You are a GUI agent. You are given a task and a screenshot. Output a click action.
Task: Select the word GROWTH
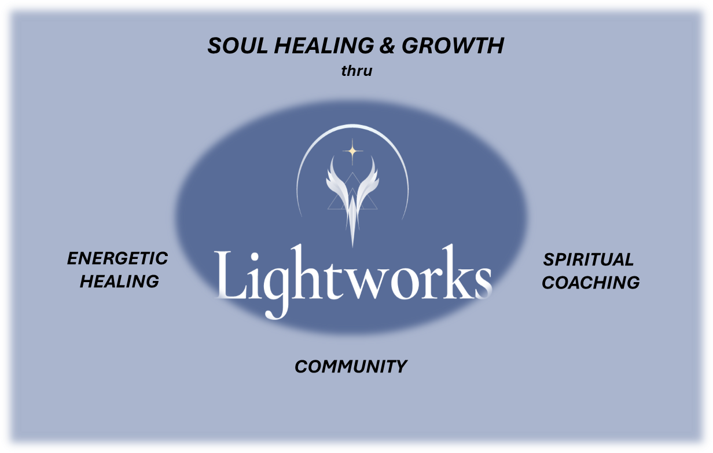point(453,46)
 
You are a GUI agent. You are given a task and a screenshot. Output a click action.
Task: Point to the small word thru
point(356,72)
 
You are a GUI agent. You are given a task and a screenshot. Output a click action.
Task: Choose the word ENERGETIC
point(117,258)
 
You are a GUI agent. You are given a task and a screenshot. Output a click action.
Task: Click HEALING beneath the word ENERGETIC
point(119,282)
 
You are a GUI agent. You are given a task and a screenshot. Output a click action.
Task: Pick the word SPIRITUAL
point(589,260)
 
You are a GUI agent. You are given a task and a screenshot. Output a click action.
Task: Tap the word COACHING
point(591,283)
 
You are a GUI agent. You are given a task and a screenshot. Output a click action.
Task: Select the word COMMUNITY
point(351,367)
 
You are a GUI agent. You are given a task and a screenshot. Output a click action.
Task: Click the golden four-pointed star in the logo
point(352,152)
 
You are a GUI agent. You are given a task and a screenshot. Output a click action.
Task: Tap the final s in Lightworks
point(482,282)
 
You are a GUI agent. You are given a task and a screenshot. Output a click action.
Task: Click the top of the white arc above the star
point(352,126)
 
